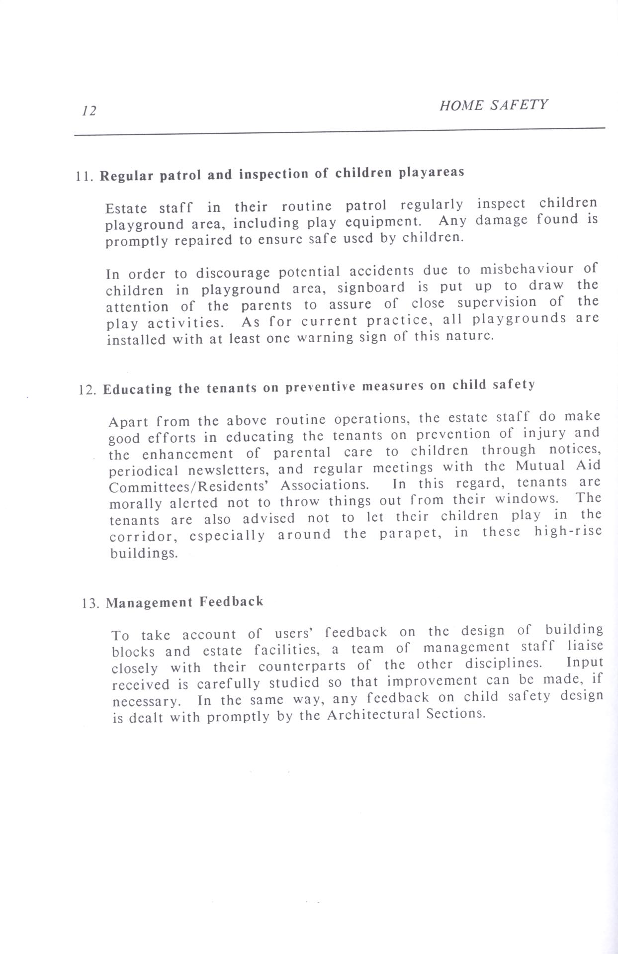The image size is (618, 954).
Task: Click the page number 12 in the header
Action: pyautogui.click(x=89, y=110)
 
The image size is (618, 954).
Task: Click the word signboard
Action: pyautogui.click(x=371, y=287)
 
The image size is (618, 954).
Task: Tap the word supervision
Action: pyautogui.click(x=497, y=302)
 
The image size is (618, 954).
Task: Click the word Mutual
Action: pyautogui.click(x=540, y=466)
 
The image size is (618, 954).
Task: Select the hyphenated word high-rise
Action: pyautogui.click(x=568, y=531)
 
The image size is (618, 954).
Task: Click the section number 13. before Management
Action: pyautogui.click(x=91, y=604)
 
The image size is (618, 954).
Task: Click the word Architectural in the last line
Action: pyautogui.click(x=373, y=715)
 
